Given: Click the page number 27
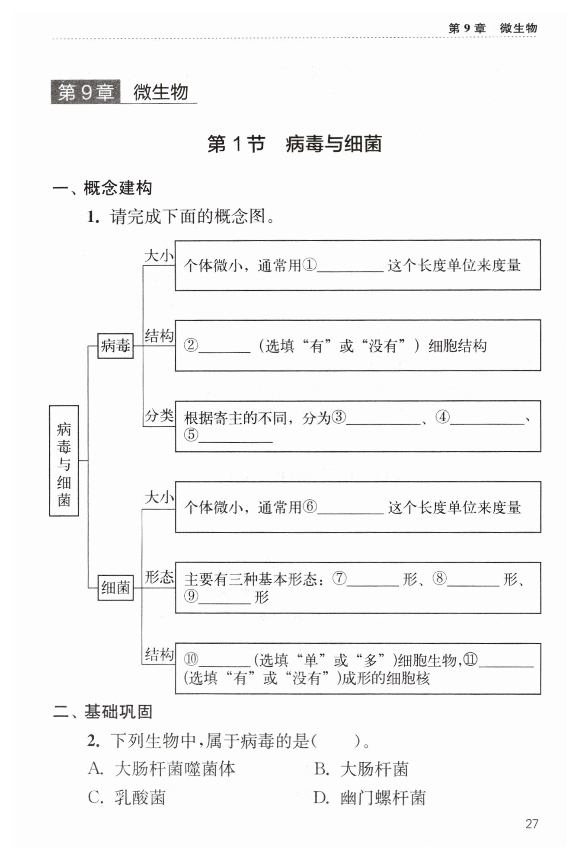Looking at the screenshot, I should (x=531, y=824).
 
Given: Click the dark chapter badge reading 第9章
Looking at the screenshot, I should (x=86, y=92).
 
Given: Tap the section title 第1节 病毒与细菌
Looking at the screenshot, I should (x=294, y=144).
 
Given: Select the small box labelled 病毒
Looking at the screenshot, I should (x=115, y=346).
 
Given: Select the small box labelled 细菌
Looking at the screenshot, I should (x=115, y=588).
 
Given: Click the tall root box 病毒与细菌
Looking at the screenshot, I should (x=64, y=461).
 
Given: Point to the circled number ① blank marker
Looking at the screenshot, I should (x=310, y=265).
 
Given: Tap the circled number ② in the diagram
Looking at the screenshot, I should (x=191, y=345).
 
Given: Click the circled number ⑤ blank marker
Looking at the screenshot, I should (x=191, y=434).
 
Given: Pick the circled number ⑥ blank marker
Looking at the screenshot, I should (x=310, y=506).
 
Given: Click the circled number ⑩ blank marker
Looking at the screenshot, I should (x=191, y=660).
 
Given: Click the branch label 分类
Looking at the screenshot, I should (x=159, y=416).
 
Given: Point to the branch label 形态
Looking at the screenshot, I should (x=159, y=577).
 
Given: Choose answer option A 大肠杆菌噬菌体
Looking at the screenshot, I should (x=162, y=769).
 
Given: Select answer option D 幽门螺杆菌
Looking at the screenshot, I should (x=370, y=798).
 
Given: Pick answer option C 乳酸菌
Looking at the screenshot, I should (x=127, y=798).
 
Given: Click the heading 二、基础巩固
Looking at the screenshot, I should (x=102, y=712).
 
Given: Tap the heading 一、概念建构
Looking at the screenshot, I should (x=102, y=188).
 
